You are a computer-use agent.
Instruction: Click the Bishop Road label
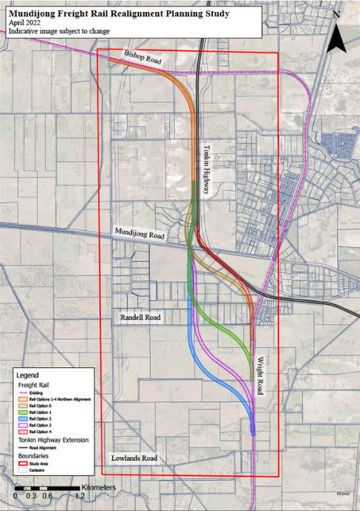(x=143, y=58)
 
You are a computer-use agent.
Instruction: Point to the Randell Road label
(x=141, y=317)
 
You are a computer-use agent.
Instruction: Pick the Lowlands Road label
(x=134, y=459)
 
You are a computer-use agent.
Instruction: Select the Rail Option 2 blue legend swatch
(x=24, y=418)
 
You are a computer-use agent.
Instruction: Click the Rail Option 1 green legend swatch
(x=24, y=412)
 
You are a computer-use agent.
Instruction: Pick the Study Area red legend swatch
(x=24, y=464)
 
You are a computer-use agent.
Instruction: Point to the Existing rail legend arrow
(x=24, y=392)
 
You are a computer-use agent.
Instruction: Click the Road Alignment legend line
(x=24, y=447)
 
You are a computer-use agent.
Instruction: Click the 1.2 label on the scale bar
(x=80, y=496)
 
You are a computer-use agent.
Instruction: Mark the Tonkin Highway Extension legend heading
(x=53, y=440)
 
